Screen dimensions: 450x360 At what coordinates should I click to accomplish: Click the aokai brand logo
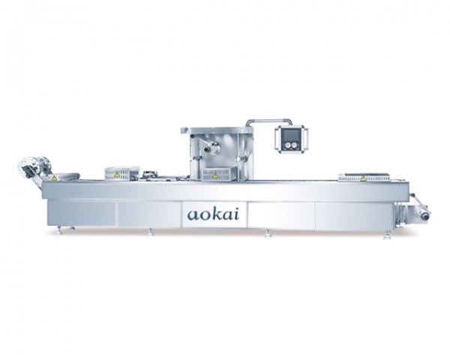213,214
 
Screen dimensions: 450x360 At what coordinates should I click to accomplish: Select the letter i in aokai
236,214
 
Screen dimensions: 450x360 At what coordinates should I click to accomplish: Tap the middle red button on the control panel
292,149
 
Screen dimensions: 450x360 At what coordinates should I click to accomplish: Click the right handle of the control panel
306,139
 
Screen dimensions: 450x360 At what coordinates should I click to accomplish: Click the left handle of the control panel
277,139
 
